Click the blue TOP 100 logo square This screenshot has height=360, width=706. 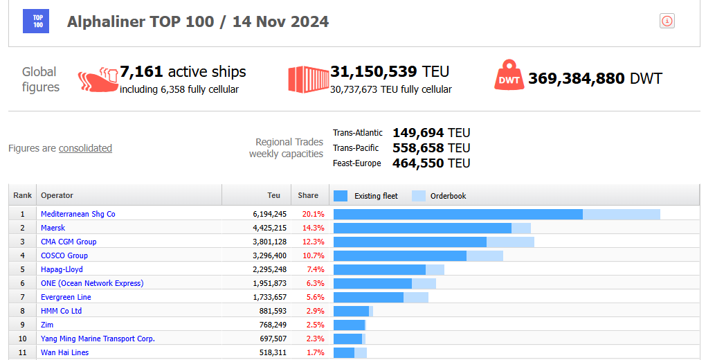36,21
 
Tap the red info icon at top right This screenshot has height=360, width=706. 667,21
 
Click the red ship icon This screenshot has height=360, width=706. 98,80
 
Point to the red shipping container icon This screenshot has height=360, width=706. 309,80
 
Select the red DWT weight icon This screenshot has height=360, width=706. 509,75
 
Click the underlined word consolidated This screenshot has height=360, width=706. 85,148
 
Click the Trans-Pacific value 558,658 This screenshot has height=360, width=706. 418,147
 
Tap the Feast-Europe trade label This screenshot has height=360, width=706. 356,163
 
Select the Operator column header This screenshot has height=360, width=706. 57,195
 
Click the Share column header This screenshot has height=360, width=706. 308,195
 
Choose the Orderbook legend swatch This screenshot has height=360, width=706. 419,195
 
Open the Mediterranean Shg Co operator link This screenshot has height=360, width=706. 78,214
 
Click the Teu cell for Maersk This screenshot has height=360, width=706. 270,228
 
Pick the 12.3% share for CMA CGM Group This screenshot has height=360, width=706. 314,242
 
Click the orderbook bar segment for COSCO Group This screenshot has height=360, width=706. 485,255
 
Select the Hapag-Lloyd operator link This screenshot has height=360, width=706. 62,269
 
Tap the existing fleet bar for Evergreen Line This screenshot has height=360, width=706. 369,297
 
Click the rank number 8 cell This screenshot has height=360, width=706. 23,311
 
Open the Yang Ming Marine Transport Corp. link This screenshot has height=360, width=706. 98,339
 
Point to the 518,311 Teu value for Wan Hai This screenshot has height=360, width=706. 273,352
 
